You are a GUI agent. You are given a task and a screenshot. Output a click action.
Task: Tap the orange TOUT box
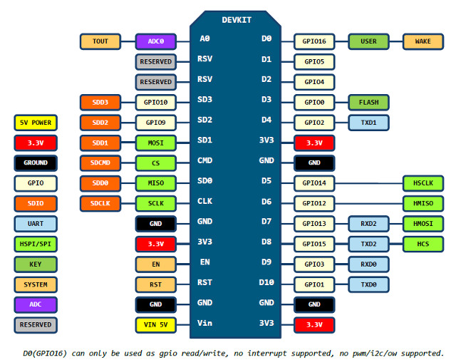click(100, 41)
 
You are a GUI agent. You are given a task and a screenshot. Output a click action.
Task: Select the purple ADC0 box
click(155, 41)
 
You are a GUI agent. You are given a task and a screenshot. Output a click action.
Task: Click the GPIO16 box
click(314, 41)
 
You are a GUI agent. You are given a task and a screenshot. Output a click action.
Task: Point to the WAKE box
click(423, 41)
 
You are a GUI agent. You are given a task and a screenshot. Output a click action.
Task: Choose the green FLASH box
click(368, 102)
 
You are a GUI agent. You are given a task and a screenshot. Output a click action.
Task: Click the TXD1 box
click(368, 123)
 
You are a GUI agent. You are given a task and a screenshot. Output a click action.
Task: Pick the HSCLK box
click(423, 183)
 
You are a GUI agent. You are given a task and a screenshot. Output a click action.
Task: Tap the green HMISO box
click(423, 204)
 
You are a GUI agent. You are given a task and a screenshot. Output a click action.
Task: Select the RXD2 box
click(368, 224)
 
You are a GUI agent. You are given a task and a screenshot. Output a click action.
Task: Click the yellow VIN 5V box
click(155, 325)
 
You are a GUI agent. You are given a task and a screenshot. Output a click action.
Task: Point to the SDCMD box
click(100, 163)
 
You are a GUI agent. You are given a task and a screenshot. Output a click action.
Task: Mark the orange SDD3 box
click(100, 103)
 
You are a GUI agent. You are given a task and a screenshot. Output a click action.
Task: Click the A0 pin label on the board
click(204, 38)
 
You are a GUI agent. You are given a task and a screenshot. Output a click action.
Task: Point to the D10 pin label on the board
click(266, 282)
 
